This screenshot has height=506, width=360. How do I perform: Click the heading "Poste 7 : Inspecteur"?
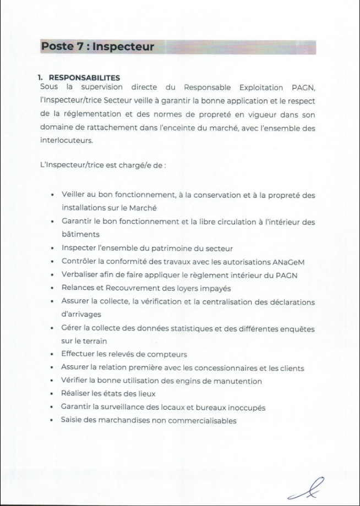click(x=97, y=47)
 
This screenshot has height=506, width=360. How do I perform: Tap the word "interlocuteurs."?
click(x=65, y=140)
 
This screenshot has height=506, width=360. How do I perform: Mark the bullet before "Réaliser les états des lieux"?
click(x=52, y=394)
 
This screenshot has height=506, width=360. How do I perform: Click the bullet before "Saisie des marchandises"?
click(x=52, y=421)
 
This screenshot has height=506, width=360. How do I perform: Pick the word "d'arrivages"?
click(x=82, y=315)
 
